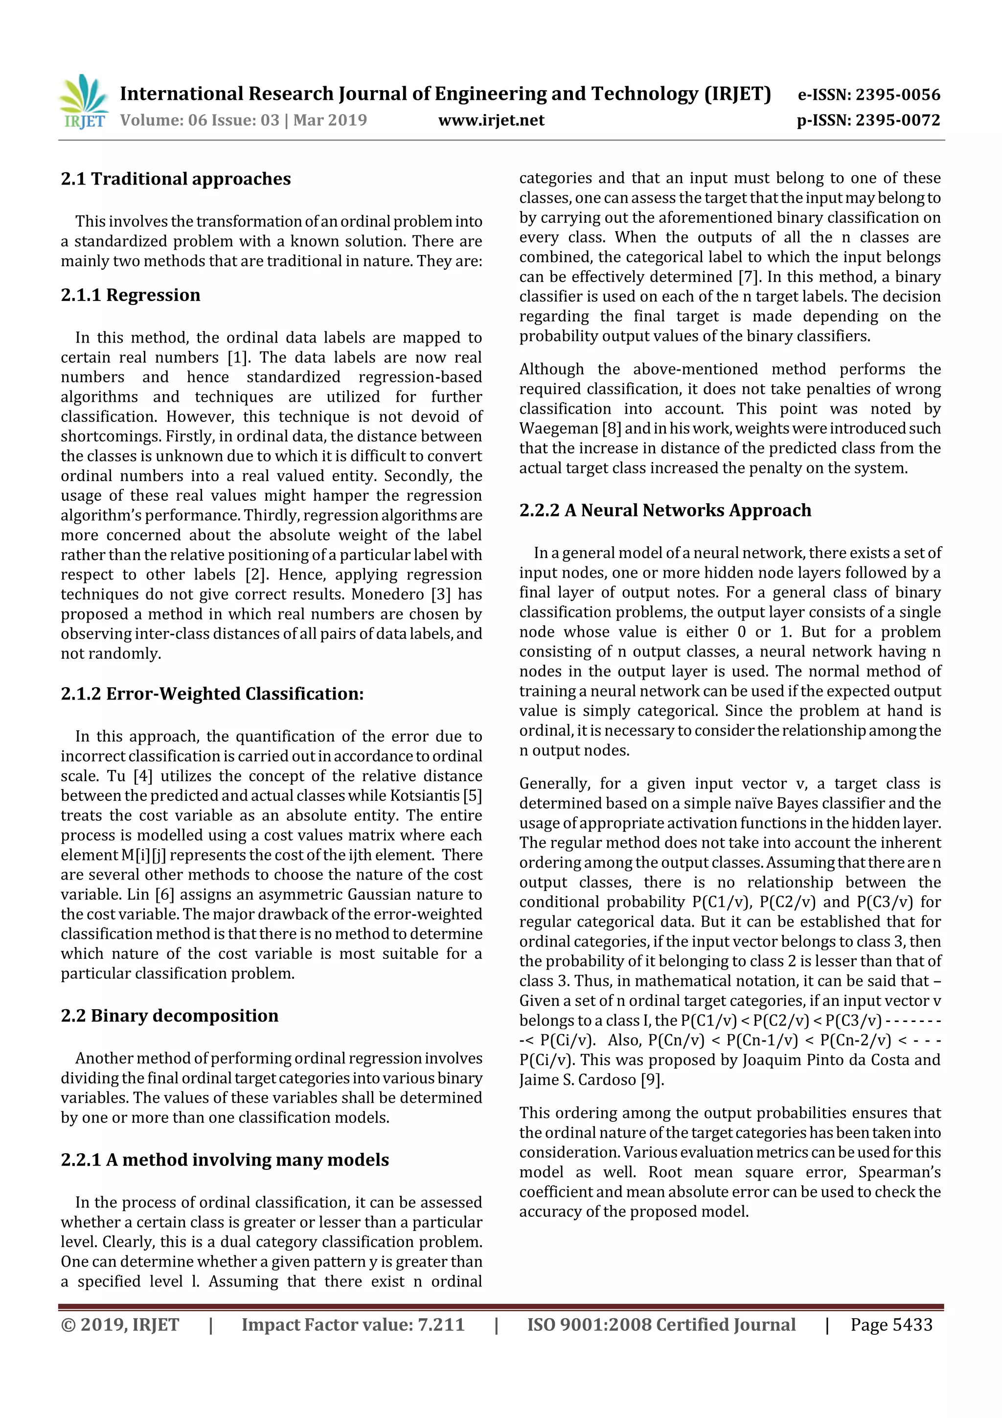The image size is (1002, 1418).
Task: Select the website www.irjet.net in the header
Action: point(491,120)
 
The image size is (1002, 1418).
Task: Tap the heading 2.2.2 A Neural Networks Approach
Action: point(665,510)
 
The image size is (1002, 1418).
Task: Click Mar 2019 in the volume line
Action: point(330,120)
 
